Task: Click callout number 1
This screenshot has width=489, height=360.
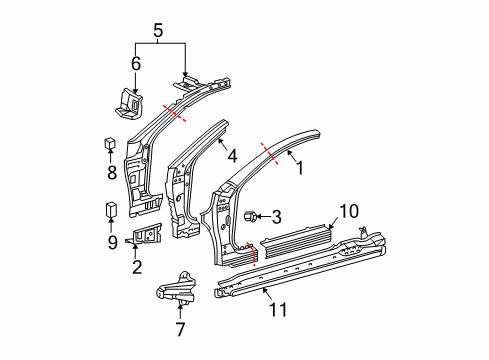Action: (298, 168)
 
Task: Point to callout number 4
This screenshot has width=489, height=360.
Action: (232, 156)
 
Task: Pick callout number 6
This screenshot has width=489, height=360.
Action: (136, 64)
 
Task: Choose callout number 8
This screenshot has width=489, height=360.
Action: (111, 172)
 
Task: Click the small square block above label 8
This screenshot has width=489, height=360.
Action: (111, 143)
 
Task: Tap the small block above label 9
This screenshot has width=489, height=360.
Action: (111, 210)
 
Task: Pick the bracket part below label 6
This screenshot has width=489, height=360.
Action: (127, 105)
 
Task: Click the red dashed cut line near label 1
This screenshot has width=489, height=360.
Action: (269, 151)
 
